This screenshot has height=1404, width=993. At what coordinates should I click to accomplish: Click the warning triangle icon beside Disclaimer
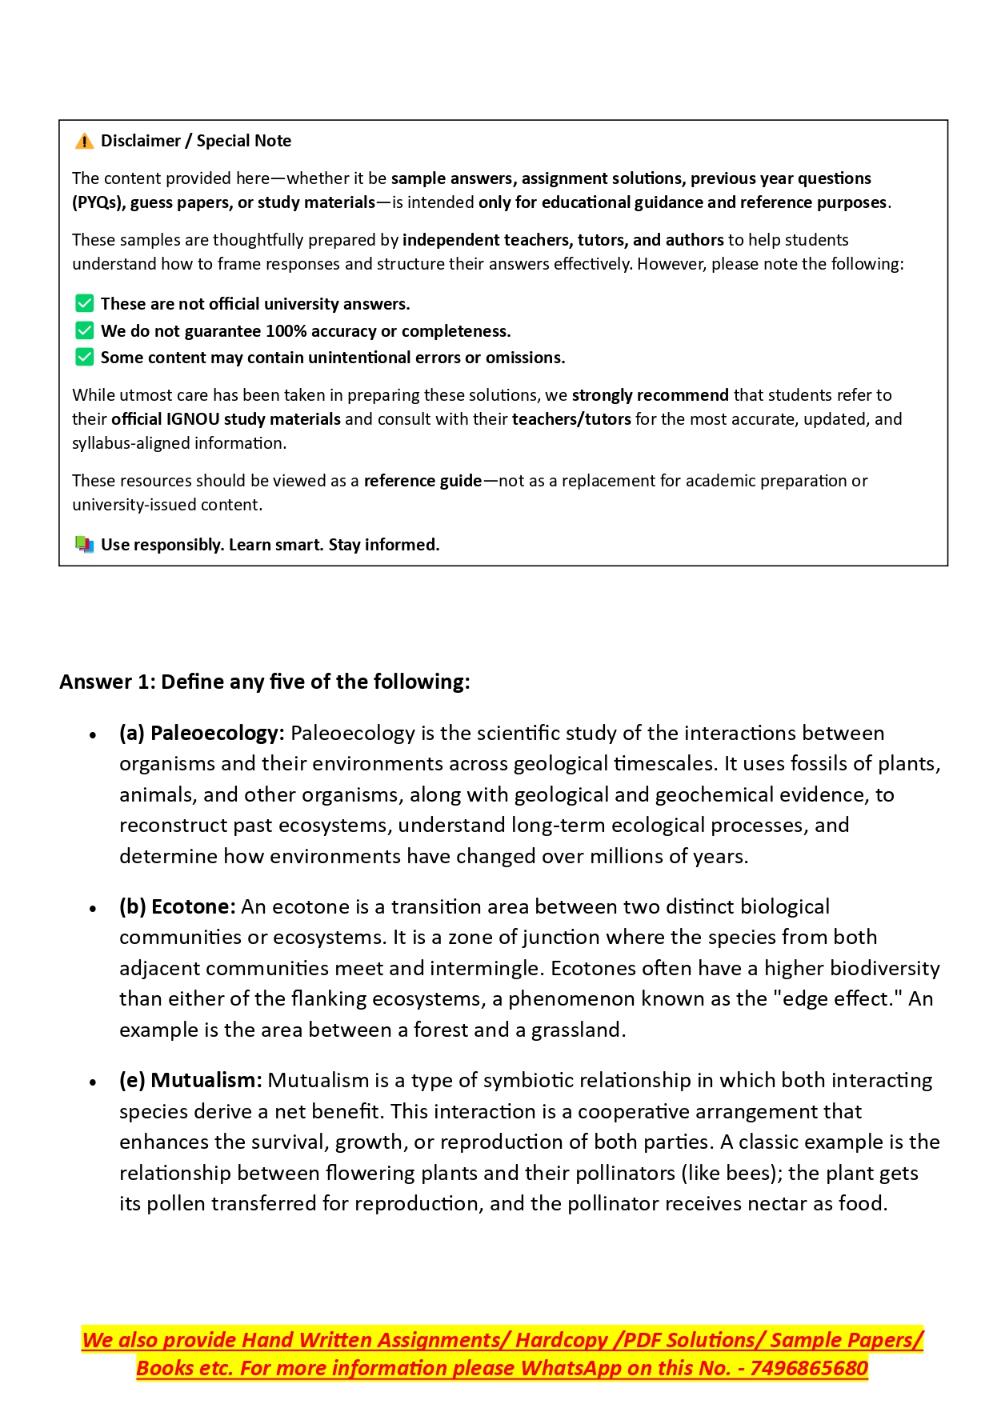pyautogui.click(x=84, y=142)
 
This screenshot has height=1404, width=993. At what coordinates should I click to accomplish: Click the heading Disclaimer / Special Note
pyautogui.click(x=195, y=141)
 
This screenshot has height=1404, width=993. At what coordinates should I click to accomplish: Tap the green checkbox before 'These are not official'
pyautogui.click(x=84, y=303)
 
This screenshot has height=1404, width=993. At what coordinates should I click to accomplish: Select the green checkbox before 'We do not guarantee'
pyautogui.click(x=84, y=330)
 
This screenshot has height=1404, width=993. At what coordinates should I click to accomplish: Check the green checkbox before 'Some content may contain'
pyautogui.click(x=84, y=357)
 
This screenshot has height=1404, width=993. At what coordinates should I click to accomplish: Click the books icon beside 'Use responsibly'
pyautogui.click(x=84, y=545)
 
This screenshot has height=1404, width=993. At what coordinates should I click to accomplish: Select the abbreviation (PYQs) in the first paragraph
pyautogui.click(x=98, y=202)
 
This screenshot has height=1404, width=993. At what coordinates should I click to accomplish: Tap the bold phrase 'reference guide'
pyautogui.click(x=422, y=481)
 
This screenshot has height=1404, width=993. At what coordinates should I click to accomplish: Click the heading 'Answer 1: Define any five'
pyautogui.click(x=265, y=682)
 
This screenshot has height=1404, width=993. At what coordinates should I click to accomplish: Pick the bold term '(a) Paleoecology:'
pyautogui.click(x=202, y=733)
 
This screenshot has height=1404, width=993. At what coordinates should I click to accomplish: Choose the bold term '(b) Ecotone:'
pyautogui.click(x=178, y=906)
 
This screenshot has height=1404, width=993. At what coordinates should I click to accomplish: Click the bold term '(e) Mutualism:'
pyautogui.click(x=190, y=1080)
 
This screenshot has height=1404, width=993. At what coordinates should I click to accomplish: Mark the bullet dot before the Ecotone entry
pyautogui.click(x=94, y=909)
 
